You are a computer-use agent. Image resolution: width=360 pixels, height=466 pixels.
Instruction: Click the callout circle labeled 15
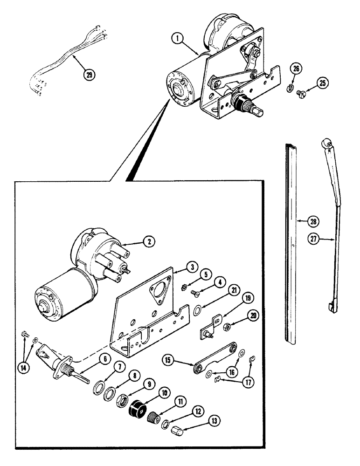point(169,360)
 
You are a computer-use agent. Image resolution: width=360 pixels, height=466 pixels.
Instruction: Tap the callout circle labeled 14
point(22,367)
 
